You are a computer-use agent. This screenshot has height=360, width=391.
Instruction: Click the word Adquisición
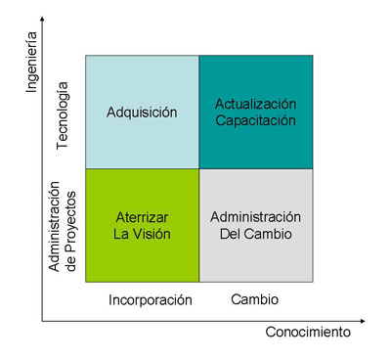click(x=142, y=112)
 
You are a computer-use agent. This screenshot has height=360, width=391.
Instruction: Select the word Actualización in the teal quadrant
click(x=256, y=103)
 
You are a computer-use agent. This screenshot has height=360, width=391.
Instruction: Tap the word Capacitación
click(x=256, y=120)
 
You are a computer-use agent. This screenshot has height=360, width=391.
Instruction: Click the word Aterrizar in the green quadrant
click(x=143, y=217)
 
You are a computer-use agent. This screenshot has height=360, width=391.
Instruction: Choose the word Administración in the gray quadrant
click(x=256, y=217)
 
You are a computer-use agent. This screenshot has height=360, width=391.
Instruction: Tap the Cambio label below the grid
click(x=254, y=299)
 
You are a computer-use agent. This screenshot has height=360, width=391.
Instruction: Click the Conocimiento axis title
click(x=307, y=333)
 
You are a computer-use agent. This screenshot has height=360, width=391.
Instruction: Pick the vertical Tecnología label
click(x=65, y=114)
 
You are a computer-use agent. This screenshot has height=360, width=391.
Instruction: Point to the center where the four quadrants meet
click(x=199, y=168)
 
